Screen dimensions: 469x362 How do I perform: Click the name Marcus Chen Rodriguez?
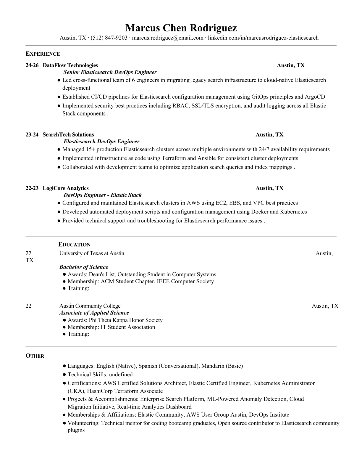click(x=181, y=28)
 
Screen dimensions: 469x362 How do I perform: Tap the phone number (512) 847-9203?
click(x=109, y=38)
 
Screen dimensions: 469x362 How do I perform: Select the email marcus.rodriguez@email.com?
click(x=168, y=38)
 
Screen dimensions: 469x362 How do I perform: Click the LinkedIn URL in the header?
click(x=263, y=38)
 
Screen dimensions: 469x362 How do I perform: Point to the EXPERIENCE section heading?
click(x=43, y=54)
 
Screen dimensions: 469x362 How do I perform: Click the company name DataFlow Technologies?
click(x=70, y=65)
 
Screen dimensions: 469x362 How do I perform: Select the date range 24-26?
click(x=32, y=65)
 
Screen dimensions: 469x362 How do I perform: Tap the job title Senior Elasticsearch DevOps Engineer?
click(x=110, y=72)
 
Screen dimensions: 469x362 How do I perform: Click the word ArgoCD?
click(x=315, y=97)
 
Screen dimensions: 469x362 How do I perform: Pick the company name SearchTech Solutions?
click(x=68, y=135)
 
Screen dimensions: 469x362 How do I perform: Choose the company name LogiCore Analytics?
click(x=66, y=188)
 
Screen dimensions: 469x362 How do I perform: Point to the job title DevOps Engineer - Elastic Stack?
click(x=103, y=195)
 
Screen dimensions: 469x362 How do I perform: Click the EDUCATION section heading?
click(x=75, y=245)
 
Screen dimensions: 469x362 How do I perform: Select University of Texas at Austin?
click(x=92, y=253)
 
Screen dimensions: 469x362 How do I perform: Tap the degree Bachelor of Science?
click(x=84, y=267)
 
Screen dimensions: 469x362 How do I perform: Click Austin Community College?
click(x=90, y=306)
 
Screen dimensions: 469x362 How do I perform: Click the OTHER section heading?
click(x=35, y=356)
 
